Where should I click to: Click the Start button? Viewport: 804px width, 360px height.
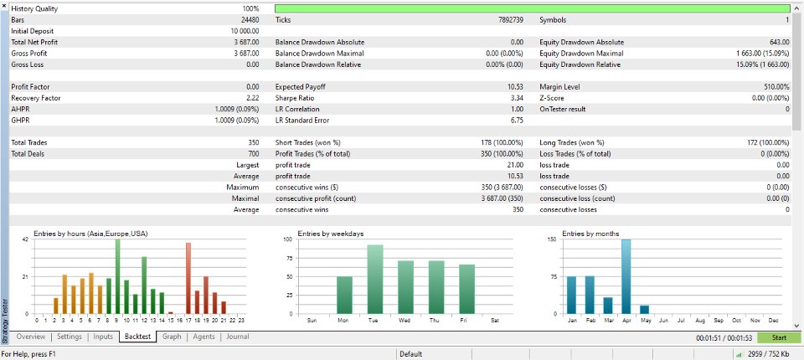coord(778,338)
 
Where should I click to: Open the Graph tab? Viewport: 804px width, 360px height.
coord(172,337)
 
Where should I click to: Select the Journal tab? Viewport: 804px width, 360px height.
coord(237,337)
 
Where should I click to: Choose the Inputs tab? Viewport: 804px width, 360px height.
coord(103,337)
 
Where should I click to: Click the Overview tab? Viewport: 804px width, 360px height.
coord(31,337)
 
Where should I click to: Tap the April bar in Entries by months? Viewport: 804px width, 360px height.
coord(626,276)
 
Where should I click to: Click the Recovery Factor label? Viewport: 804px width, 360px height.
coord(36,98)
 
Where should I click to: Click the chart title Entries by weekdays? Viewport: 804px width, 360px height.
coord(330,234)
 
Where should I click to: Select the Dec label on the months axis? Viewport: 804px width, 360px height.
coord(773,321)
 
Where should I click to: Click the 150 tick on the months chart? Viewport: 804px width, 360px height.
coord(552,240)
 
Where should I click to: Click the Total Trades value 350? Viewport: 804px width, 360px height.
coord(252,143)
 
